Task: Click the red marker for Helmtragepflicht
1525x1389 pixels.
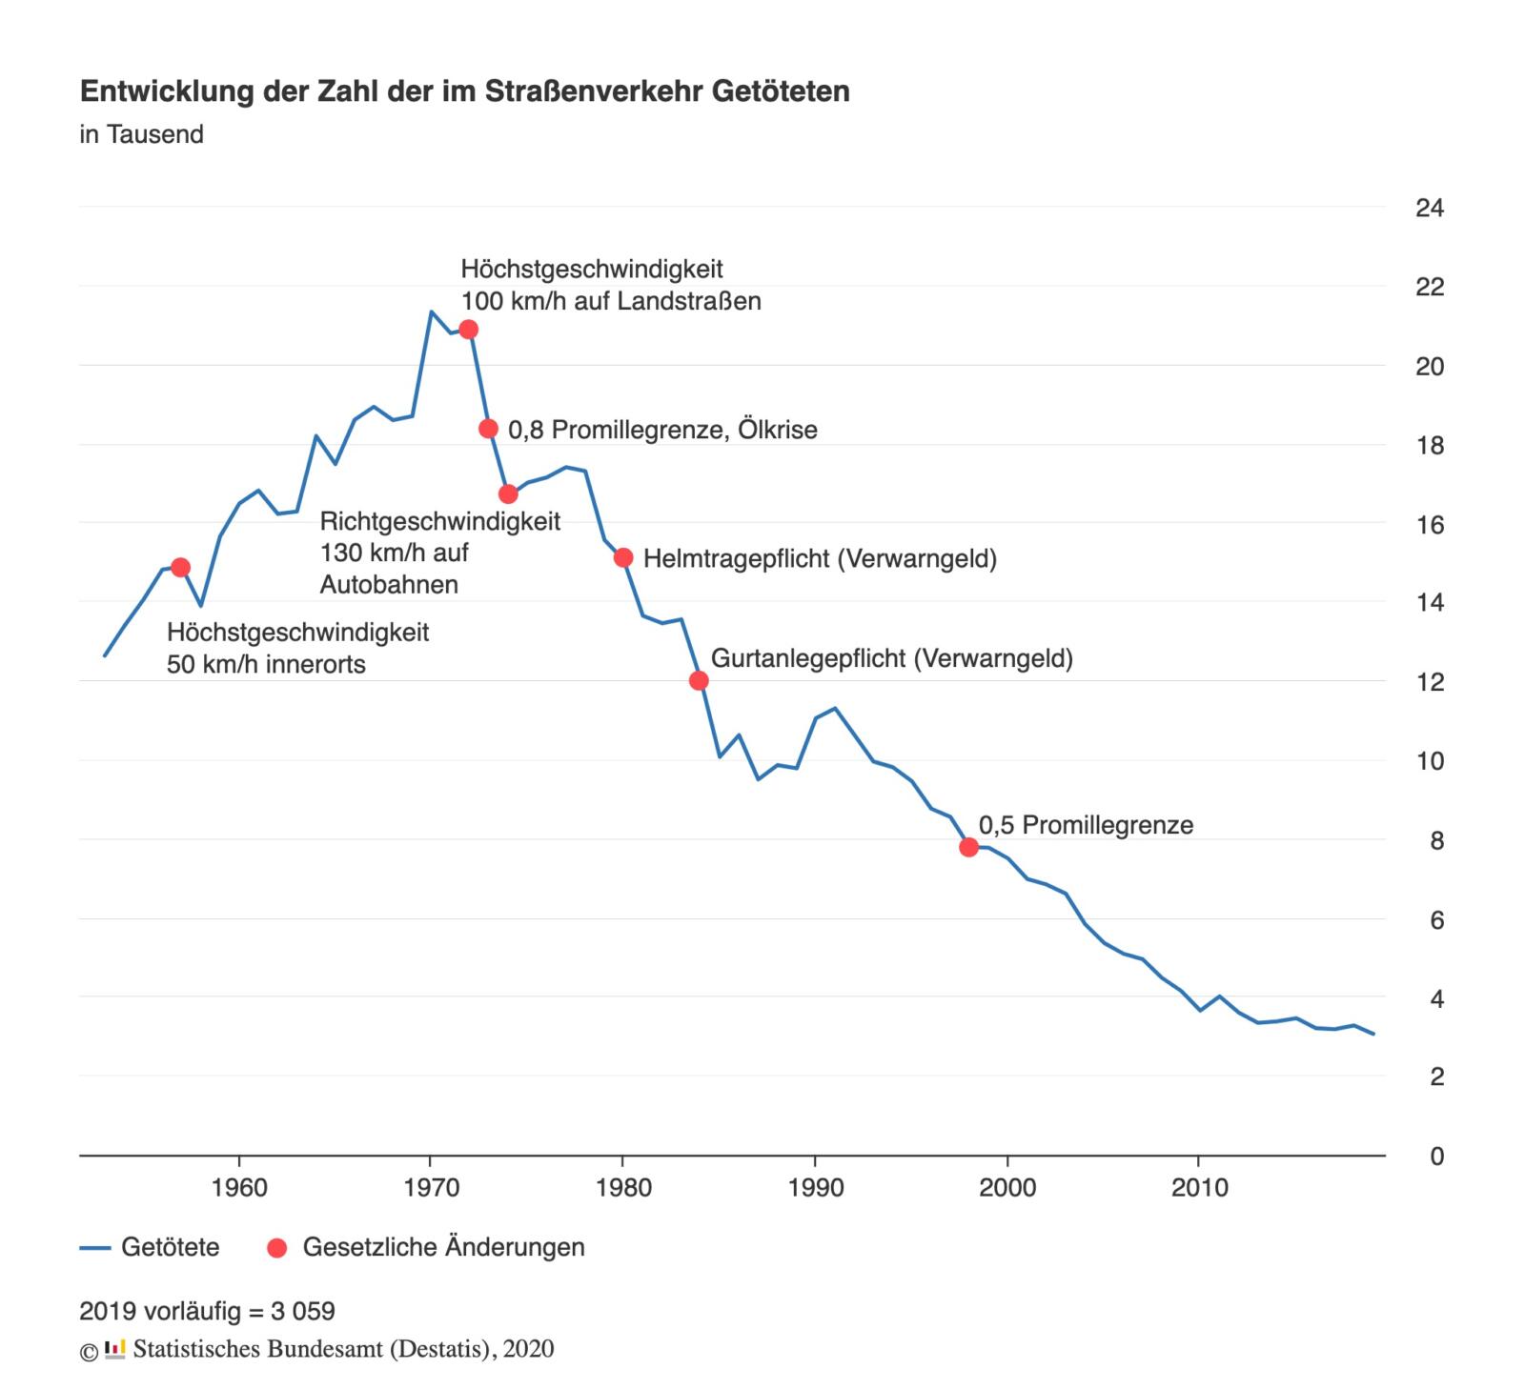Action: tap(623, 557)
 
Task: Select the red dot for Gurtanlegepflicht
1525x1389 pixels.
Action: tap(699, 680)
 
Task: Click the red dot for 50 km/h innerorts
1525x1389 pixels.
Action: tap(181, 568)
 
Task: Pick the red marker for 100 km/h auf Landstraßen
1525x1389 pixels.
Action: tap(468, 330)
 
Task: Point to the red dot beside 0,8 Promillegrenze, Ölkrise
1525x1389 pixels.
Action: tap(488, 429)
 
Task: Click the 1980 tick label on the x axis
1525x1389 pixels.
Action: tap(623, 1188)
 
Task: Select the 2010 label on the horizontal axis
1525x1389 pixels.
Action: tap(1199, 1188)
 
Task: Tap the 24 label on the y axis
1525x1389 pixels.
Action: tap(1430, 208)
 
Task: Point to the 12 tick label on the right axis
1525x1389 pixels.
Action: tap(1430, 682)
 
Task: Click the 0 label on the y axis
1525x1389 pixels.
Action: tap(1436, 1157)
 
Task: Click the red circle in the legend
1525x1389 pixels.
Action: tap(277, 1248)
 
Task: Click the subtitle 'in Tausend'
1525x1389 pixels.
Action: tap(141, 134)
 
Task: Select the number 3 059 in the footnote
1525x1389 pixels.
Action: tap(302, 1312)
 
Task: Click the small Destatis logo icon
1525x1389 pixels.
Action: tap(114, 1349)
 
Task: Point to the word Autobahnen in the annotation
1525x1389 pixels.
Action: tap(389, 584)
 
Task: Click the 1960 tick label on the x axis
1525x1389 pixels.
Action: tap(239, 1188)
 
